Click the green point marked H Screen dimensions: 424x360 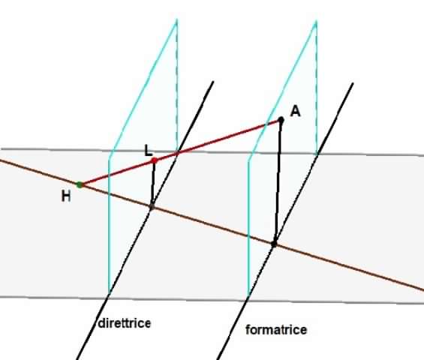[x=80, y=184]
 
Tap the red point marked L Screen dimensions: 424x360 [x=155, y=160]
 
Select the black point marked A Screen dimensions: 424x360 [x=281, y=119]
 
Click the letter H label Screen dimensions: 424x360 [x=66, y=196]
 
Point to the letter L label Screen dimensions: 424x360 [x=148, y=150]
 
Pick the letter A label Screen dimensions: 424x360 [x=295, y=111]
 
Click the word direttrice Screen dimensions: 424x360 [x=125, y=323]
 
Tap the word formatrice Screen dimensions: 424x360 [x=276, y=330]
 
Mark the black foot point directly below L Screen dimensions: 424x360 [x=152, y=207]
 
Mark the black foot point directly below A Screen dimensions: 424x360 [x=274, y=244]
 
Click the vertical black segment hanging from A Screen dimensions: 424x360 [x=278, y=181]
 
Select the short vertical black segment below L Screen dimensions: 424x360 [x=153, y=184]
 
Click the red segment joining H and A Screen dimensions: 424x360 [x=180, y=152]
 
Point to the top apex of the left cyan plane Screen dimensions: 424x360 [x=176, y=19]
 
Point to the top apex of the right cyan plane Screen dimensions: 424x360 [x=316, y=21]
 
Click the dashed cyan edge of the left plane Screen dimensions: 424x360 [x=177, y=86]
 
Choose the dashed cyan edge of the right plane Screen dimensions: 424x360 [x=317, y=88]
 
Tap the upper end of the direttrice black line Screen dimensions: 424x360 [x=213, y=81]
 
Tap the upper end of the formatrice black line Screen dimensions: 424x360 [x=353, y=83]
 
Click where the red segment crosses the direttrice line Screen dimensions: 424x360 [x=177, y=153]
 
